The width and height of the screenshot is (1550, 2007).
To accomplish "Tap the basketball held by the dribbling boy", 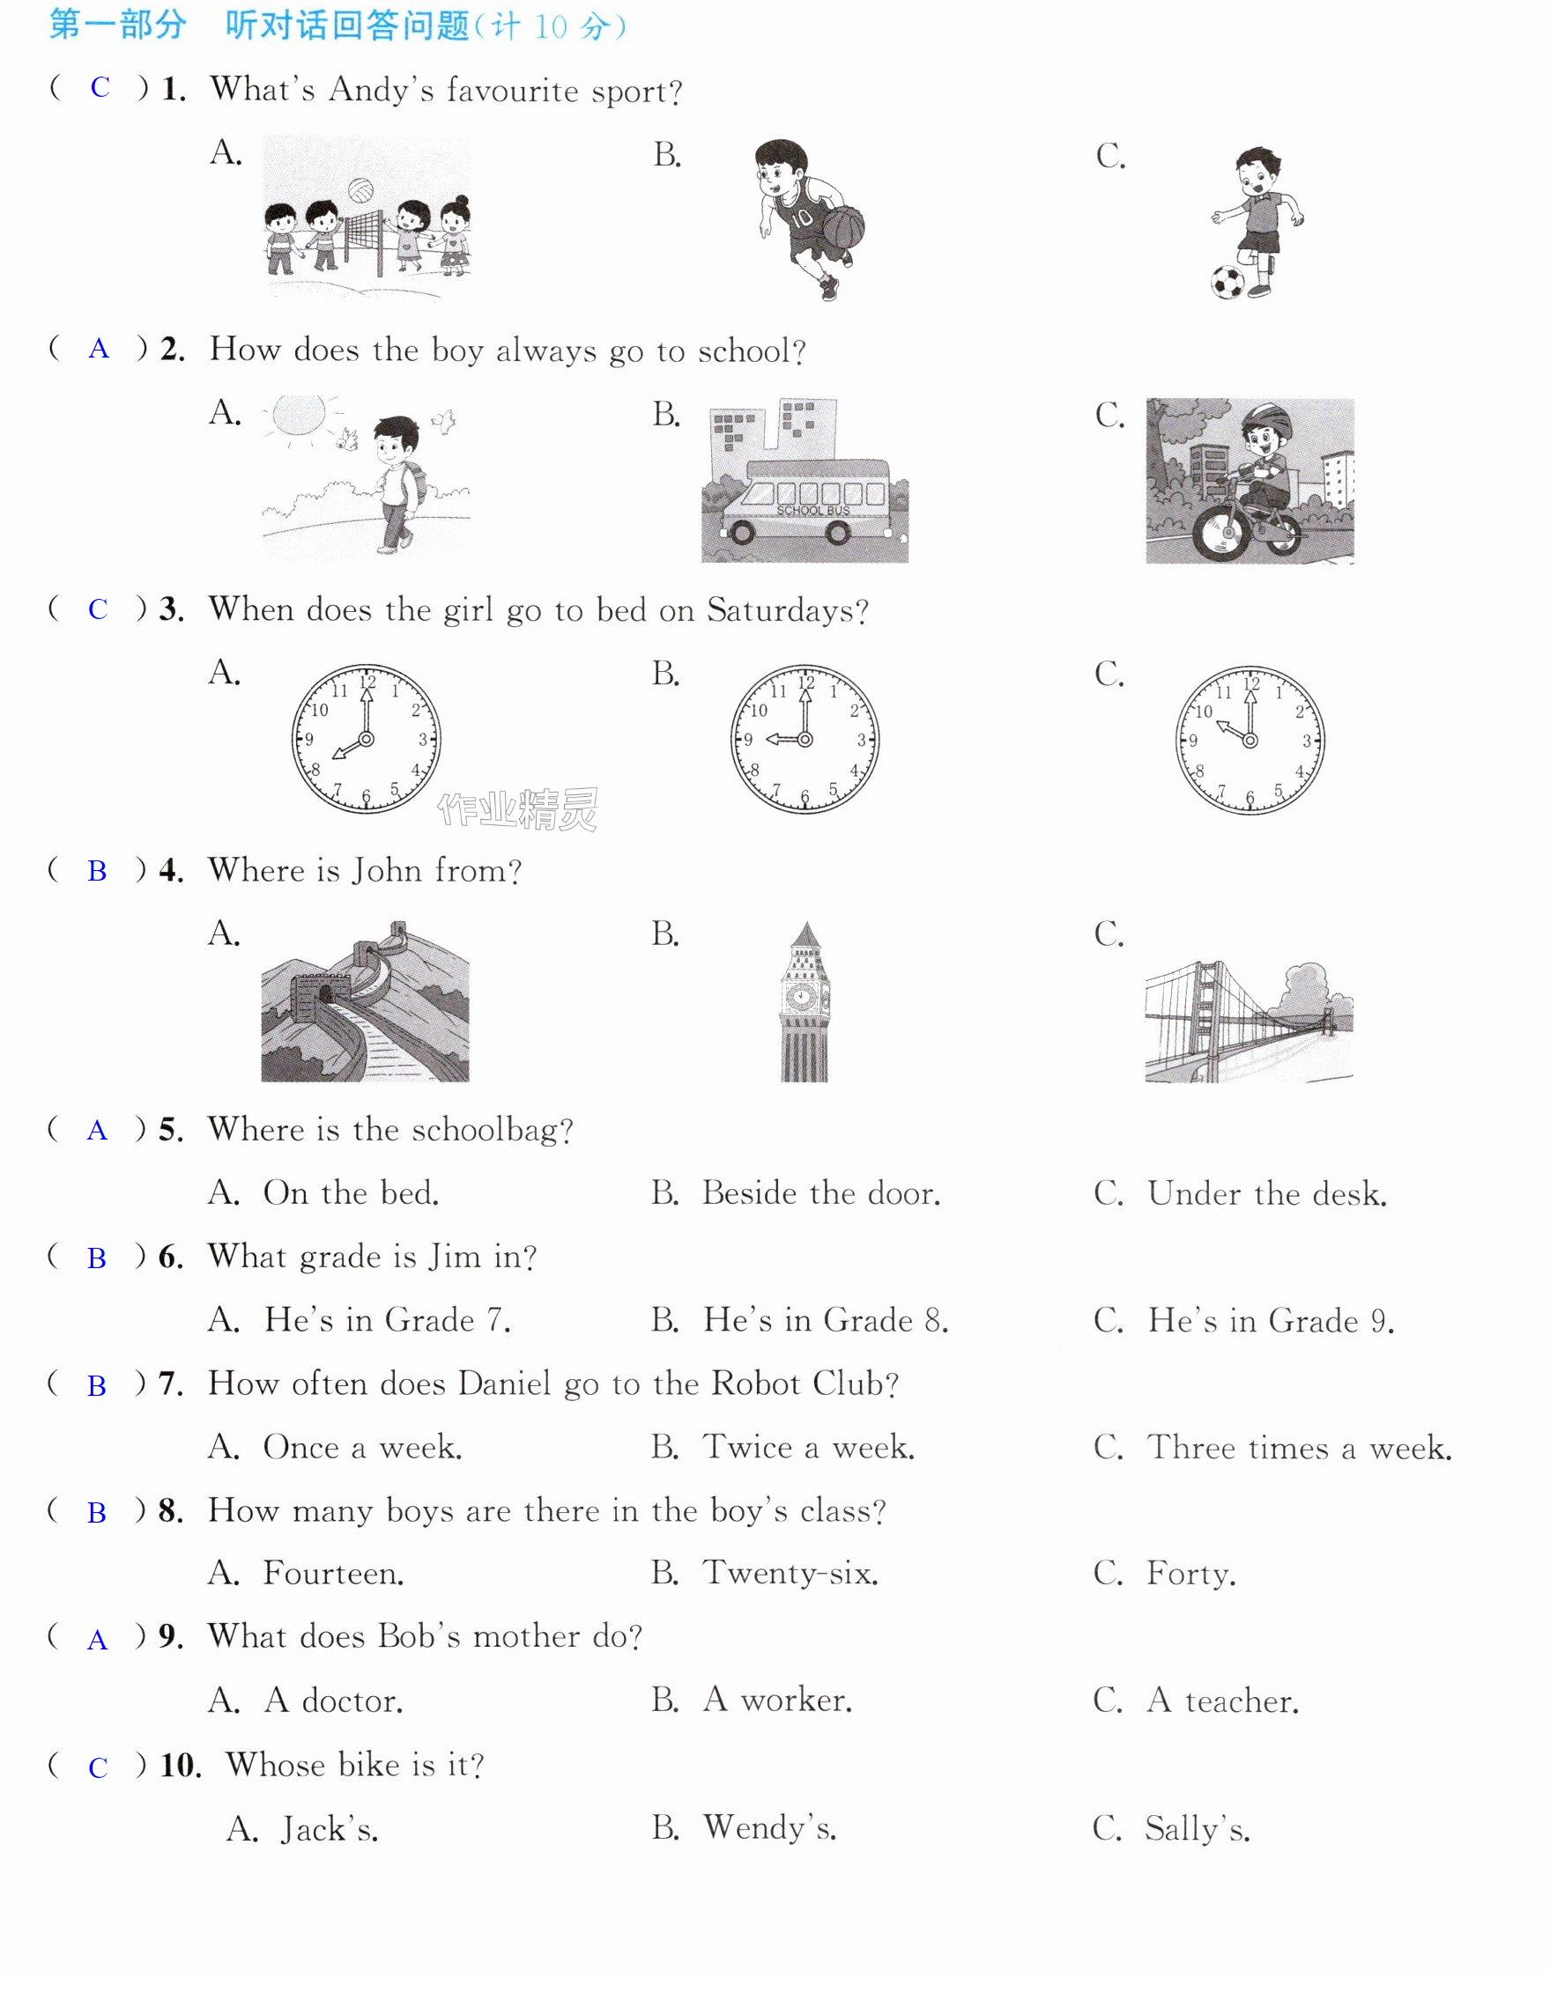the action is pyautogui.click(x=843, y=227).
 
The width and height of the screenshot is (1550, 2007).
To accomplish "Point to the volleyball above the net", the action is pyautogui.click(x=360, y=190).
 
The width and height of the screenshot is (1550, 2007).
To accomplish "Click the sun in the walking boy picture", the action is pyautogui.click(x=300, y=416).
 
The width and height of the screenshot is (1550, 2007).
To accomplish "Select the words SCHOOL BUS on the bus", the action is pyautogui.click(x=812, y=510).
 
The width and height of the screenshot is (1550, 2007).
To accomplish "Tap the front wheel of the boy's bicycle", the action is pyautogui.click(x=1223, y=534).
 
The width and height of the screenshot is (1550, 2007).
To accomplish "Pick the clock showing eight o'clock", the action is pyautogui.click(x=366, y=739).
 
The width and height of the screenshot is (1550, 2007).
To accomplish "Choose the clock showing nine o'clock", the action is pyautogui.click(x=805, y=739).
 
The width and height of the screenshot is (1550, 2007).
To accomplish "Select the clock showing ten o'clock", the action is pyautogui.click(x=1250, y=740).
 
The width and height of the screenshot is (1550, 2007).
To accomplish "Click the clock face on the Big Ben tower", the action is pyautogui.click(x=803, y=996).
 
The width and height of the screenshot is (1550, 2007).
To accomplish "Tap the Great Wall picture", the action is pyautogui.click(x=365, y=1001).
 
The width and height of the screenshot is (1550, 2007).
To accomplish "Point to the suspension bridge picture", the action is pyautogui.click(x=1250, y=1021).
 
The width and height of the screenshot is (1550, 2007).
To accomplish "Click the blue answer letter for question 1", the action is pyautogui.click(x=100, y=87).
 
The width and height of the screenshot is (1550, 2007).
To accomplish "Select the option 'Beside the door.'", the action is pyautogui.click(x=821, y=1192).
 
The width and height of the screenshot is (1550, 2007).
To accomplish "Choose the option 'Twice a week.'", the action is pyautogui.click(x=808, y=1448).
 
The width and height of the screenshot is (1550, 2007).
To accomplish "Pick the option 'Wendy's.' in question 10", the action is pyautogui.click(x=769, y=1828).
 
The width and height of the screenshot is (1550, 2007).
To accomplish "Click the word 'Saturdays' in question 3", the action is pyautogui.click(x=788, y=610).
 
